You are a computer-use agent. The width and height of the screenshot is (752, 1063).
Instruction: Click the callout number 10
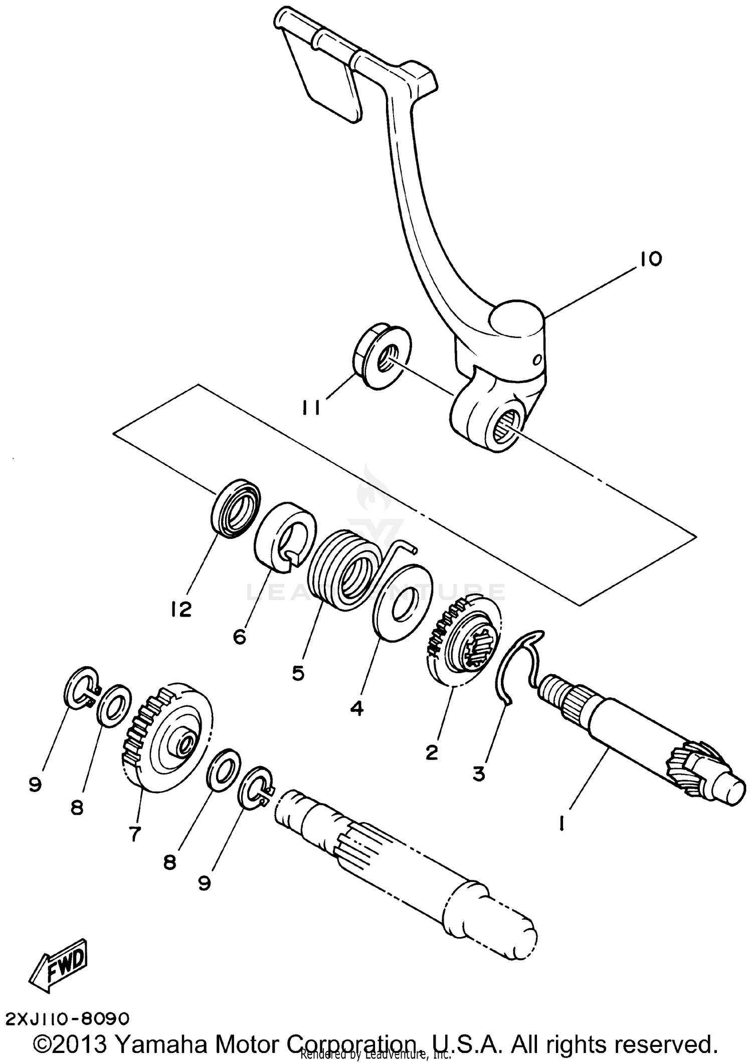(650, 260)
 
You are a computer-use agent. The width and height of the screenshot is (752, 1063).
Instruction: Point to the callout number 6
(240, 637)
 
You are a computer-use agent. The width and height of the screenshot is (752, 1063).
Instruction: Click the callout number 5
(298, 673)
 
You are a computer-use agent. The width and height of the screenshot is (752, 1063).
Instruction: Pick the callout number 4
(356, 708)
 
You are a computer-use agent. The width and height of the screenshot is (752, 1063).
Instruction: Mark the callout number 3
(479, 774)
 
